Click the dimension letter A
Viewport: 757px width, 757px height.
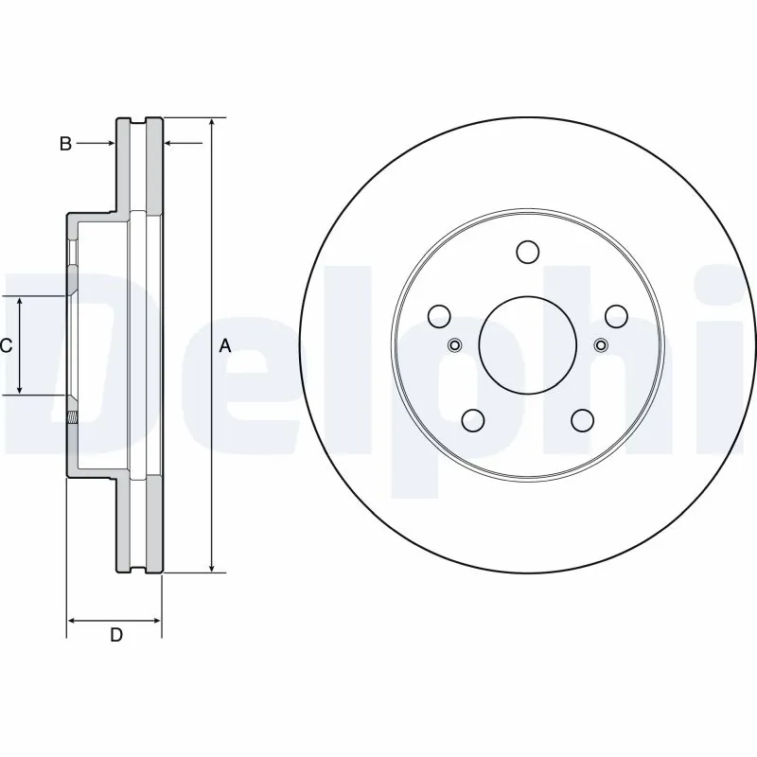(225, 346)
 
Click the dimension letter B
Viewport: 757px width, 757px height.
(65, 144)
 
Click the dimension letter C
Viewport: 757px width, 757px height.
(6, 346)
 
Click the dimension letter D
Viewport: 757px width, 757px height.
(115, 635)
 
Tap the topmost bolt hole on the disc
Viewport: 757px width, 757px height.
(527, 252)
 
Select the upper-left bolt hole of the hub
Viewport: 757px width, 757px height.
(439, 316)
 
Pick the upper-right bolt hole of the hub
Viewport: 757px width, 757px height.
(616, 316)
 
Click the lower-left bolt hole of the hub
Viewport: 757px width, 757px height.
(472, 420)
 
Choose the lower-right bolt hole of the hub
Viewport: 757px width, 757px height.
(582, 420)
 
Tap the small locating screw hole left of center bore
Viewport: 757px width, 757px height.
(454, 344)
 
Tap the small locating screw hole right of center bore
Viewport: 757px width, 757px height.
(601, 344)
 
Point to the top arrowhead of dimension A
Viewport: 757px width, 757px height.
(212, 124)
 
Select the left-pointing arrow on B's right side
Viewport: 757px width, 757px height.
(170, 144)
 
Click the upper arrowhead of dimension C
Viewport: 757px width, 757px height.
(21, 301)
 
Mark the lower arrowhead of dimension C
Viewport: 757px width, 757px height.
(21, 389)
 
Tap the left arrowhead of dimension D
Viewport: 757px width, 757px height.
(73, 622)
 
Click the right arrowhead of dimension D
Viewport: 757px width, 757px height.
(156, 622)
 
